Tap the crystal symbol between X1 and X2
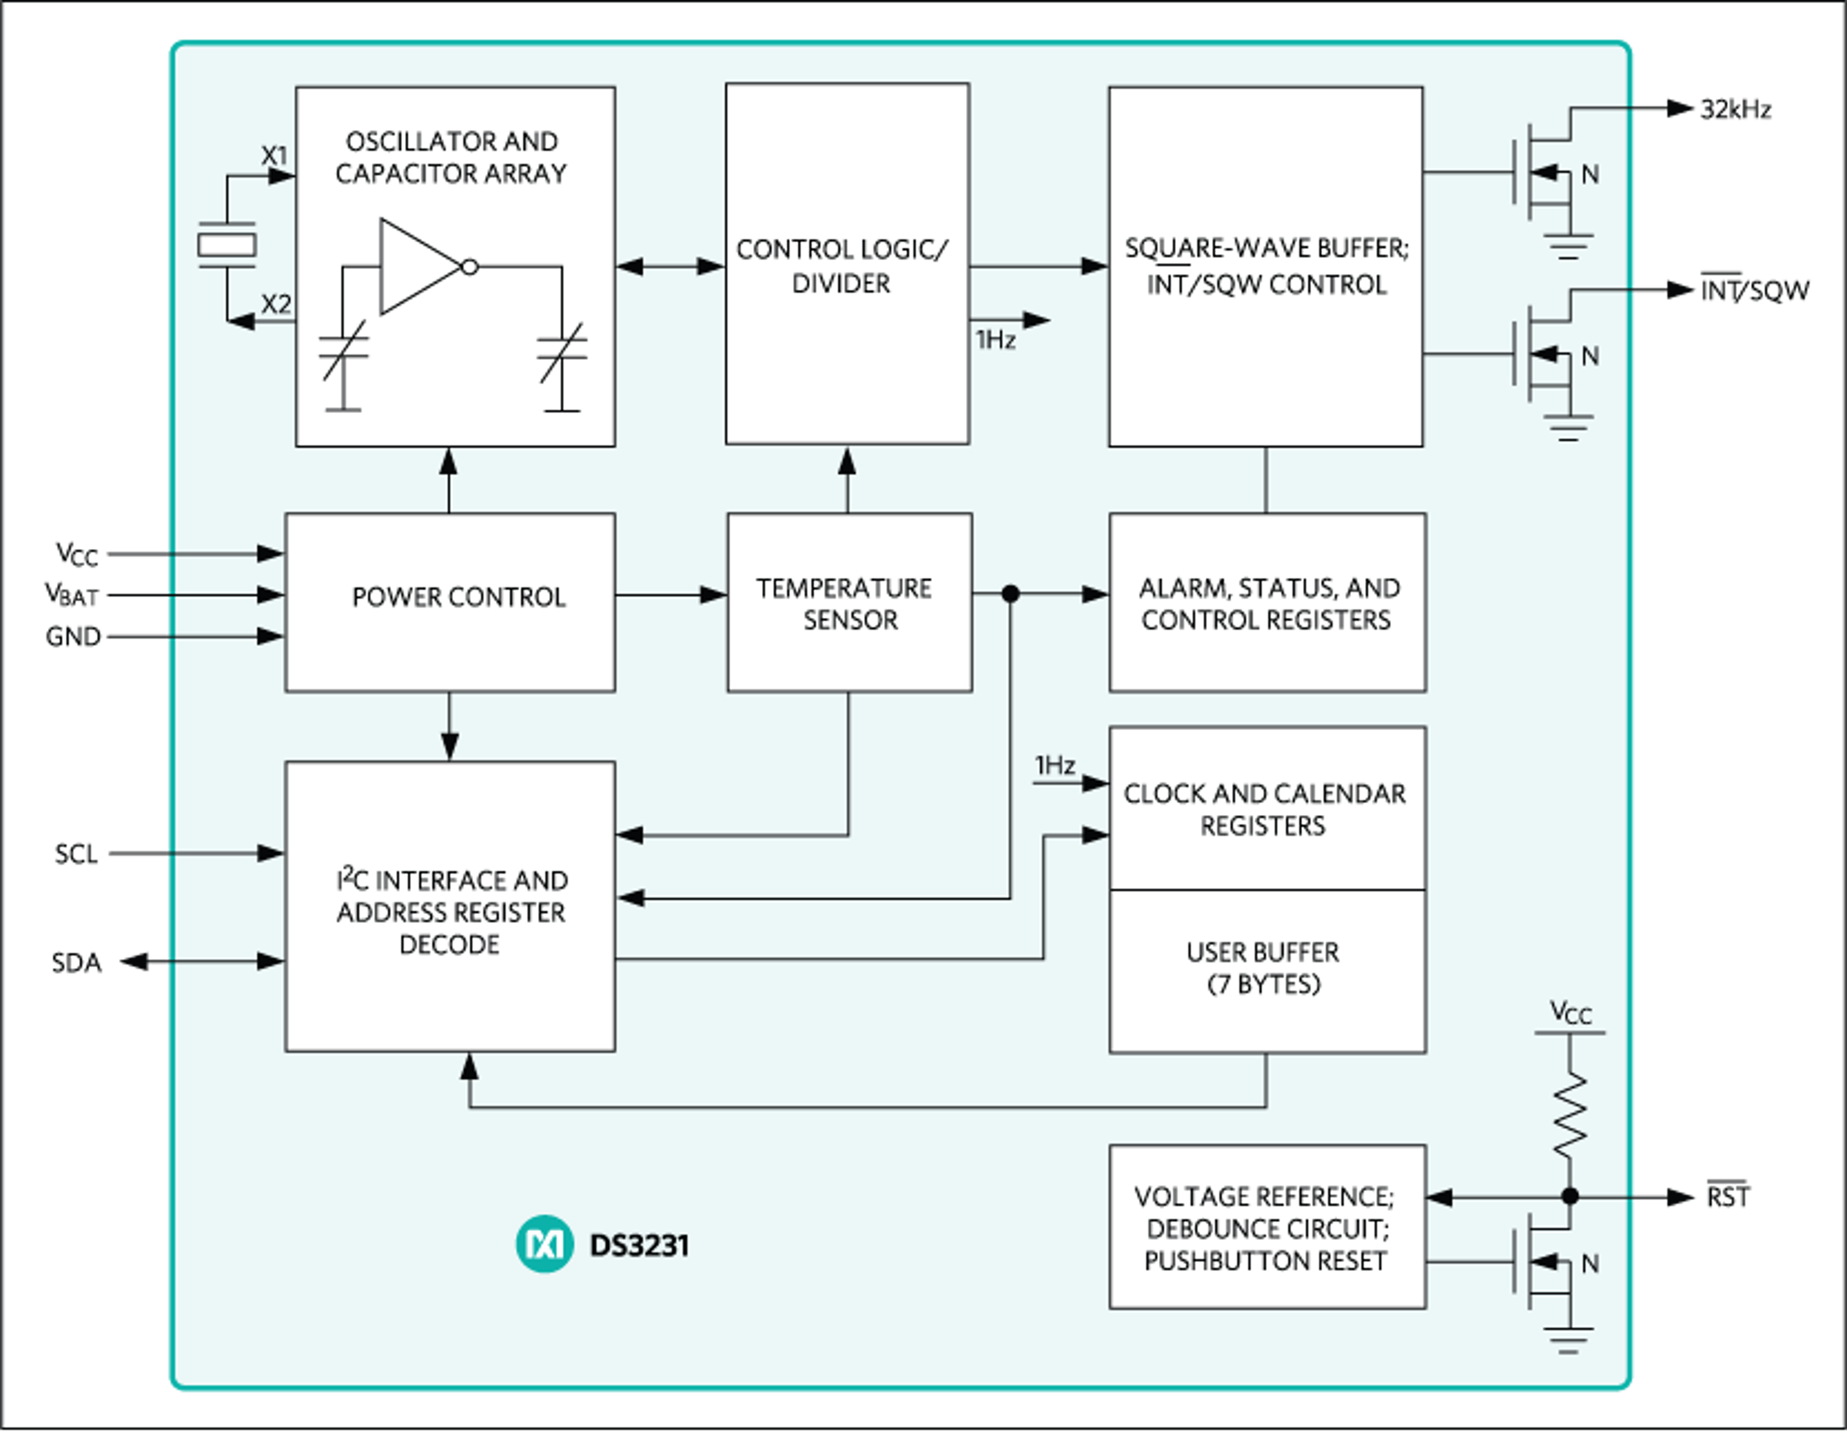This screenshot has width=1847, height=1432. click(227, 244)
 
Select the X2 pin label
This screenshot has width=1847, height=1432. click(276, 304)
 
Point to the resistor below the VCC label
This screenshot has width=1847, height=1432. click(1569, 1115)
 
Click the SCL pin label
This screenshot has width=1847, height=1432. click(76, 854)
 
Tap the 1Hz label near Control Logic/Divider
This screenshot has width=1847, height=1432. click(995, 340)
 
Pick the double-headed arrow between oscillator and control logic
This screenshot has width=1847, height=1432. click(670, 266)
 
